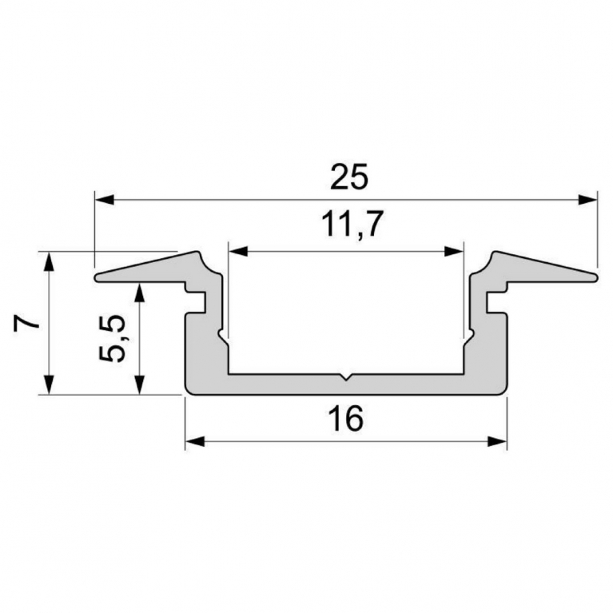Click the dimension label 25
[348, 177]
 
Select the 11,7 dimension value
[351, 224]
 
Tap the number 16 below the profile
[346, 418]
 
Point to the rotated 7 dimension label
[26, 324]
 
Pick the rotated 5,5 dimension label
[112, 339]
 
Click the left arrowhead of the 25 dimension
[105, 200]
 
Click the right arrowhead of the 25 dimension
[588, 200]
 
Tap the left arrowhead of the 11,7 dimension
[238, 252]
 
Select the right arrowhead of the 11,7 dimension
[453, 252]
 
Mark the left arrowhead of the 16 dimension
[195, 442]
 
